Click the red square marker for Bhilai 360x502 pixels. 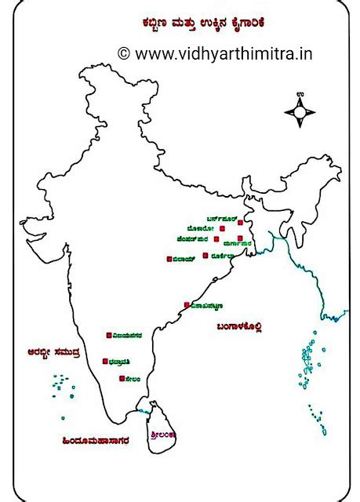tap(169, 258)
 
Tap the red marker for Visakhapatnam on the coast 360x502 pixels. tap(187, 304)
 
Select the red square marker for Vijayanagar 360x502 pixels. tap(108, 335)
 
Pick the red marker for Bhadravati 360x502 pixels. tap(105, 362)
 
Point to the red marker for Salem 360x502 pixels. tap(122, 379)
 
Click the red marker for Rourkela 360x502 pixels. tap(205, 255)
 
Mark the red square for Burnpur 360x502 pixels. tap(239, 222)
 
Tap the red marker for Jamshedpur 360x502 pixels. tap(216, 238)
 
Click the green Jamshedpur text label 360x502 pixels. tap(194, 238)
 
